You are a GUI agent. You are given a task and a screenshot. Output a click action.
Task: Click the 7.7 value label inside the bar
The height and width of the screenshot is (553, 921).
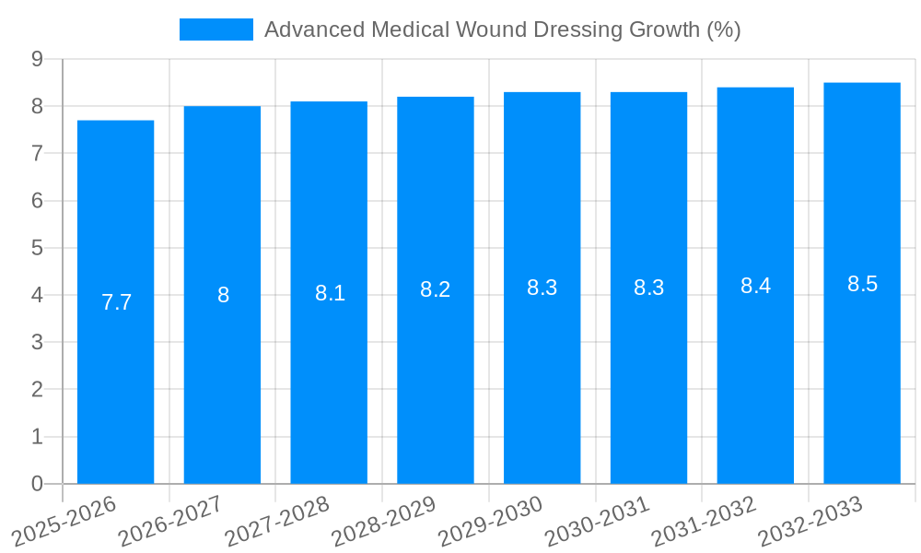[x=116, y=302]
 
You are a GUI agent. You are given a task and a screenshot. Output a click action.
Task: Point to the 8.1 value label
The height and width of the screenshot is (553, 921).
[x=330, y=293]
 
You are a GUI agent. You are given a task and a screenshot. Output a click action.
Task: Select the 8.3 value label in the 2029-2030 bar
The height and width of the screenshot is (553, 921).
[x=542, y=288]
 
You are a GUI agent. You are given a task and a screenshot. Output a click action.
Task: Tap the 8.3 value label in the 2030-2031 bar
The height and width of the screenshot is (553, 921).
[x=648, y=288]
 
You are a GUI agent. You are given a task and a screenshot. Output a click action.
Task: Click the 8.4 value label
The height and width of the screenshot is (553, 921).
[x=755, y=286]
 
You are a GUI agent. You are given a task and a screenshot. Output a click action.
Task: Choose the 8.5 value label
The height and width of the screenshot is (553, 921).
[x=862, y=284]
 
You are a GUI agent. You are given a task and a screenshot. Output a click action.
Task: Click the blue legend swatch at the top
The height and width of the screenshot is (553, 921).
[x=216, y=29]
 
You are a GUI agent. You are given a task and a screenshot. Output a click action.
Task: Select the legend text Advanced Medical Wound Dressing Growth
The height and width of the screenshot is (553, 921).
[x=502, y=29]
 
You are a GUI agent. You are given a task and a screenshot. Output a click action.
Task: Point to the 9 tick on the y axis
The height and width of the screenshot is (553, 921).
[x=37, y=59]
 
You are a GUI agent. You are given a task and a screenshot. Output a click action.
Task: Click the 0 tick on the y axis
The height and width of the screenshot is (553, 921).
[x=37, y=484]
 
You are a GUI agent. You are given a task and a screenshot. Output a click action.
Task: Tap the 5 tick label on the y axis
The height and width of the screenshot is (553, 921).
[x=37, y=248]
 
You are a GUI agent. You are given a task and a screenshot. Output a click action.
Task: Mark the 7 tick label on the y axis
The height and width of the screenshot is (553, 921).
[x=37, y=153]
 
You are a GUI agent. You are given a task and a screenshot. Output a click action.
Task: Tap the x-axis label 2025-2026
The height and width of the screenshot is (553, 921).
[x=64, y=521]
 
